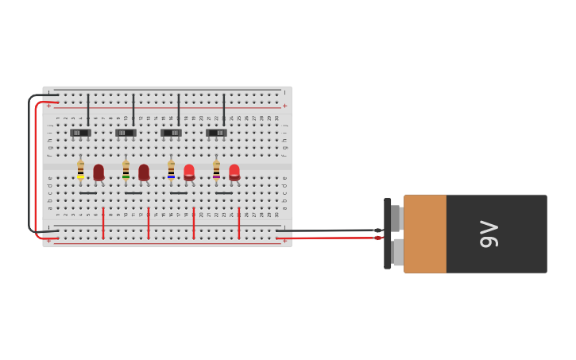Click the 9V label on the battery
tap(489, 234)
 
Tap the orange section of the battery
tap(424, 234)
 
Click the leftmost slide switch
tap(80, 133)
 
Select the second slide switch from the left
tap(126, 133)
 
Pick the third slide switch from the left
tap(171, 133)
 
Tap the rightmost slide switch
tap(216, 133)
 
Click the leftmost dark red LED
tap(99, 172)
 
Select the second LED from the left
tap(144, 172)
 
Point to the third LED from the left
tap(189, 172)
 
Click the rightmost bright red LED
tap(234, 172)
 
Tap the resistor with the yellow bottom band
tap(80, 170)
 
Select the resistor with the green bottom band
tap(126, 170)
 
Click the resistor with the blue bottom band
tap(171, 170)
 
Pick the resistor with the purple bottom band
tap(216, 170)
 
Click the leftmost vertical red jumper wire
tap(103, 223)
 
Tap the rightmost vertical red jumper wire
tap(238, 223)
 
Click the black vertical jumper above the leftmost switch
tap(88, 110)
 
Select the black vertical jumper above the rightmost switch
tap(223, 110)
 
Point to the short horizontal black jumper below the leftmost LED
tap(88, 193)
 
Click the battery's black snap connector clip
tap(388, 234)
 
